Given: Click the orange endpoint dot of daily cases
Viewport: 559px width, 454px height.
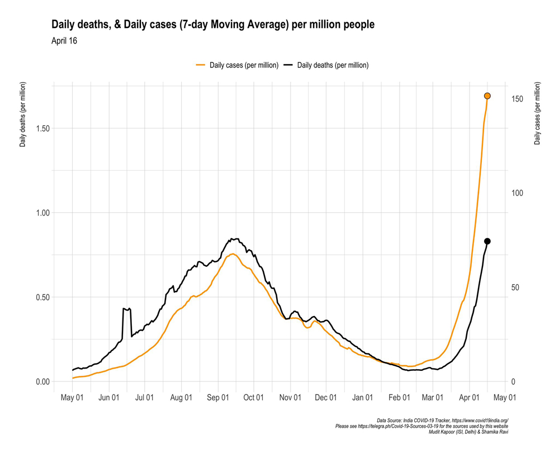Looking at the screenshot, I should coord(487,96).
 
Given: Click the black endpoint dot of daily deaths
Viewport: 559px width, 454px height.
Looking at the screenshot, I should coord(487,241).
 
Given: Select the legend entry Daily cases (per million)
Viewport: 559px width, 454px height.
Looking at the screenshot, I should coord(237,65).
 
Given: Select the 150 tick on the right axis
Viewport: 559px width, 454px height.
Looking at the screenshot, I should coord(517,99).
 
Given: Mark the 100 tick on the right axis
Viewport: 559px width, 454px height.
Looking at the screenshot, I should coord(517,193).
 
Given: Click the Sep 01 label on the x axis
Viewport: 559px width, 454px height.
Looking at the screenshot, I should coord(218,398).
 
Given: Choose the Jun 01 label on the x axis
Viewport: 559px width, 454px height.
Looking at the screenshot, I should coord(109,398).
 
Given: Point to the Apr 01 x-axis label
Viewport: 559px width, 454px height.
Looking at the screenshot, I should coord(470,398).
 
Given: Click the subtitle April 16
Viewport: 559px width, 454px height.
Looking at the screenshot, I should coord(64,41).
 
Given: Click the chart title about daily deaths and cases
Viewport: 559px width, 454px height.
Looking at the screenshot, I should coord(212,25).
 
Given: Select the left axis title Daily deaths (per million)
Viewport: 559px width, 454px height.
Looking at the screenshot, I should coord(23,114).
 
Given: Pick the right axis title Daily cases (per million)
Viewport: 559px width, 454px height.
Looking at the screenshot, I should coord(537,113).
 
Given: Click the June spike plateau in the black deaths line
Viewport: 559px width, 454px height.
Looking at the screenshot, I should coord(126,309).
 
